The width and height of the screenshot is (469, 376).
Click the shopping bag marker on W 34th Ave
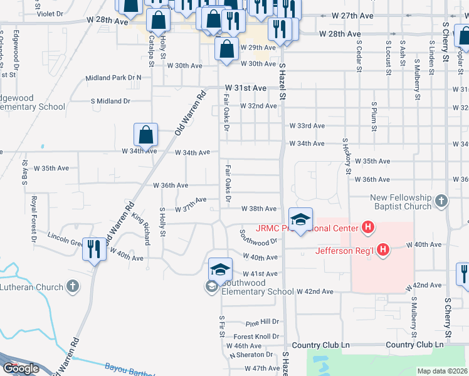pyautogui.click(x=145, y=134)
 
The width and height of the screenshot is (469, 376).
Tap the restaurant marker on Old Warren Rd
pyautogui.click(x=95, y=249)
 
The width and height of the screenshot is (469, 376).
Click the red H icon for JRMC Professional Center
pyautogui.click(x=368, y=227)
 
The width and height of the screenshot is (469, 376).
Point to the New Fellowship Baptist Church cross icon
pyautogui.click(x=441, y=201)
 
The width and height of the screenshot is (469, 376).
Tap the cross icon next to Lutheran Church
pyautogui.click(x=73, y=287)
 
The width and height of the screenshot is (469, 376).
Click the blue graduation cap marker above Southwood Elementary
pyautogui.click(x=221, y=269)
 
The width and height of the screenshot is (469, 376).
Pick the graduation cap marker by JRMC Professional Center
pyautogui.click(x=301, y=219)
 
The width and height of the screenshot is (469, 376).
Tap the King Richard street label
pyautogui.click(x=142, y=230)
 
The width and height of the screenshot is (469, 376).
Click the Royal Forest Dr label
pyautogui.click(x=33, y=219)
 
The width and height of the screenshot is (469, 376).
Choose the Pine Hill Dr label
pyautogui.click(x=262, y=322)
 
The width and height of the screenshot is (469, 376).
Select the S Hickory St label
pyautogui.click(x=345, y=155)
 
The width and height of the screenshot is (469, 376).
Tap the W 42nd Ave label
pyautogui.click(x=315, y=291)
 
